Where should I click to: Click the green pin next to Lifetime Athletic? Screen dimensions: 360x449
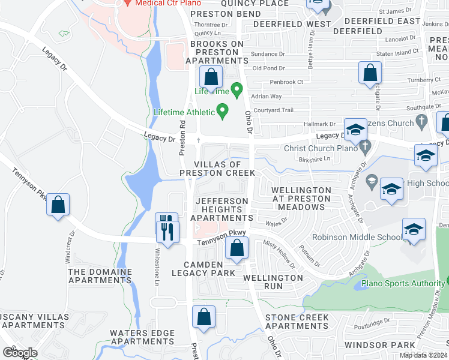[223, 111]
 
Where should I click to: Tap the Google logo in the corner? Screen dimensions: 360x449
[20, 352]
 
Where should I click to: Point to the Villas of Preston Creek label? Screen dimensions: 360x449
[218, 169]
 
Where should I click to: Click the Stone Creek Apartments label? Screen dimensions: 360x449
[297, 322]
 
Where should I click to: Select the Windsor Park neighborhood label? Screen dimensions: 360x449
[380, 345]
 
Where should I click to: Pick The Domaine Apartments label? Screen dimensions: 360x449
[100, 276]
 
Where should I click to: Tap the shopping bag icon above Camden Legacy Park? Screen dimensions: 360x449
[237, 248]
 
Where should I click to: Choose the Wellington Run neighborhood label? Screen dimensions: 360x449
[273, 282]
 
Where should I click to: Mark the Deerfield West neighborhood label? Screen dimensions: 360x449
[292, 24]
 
